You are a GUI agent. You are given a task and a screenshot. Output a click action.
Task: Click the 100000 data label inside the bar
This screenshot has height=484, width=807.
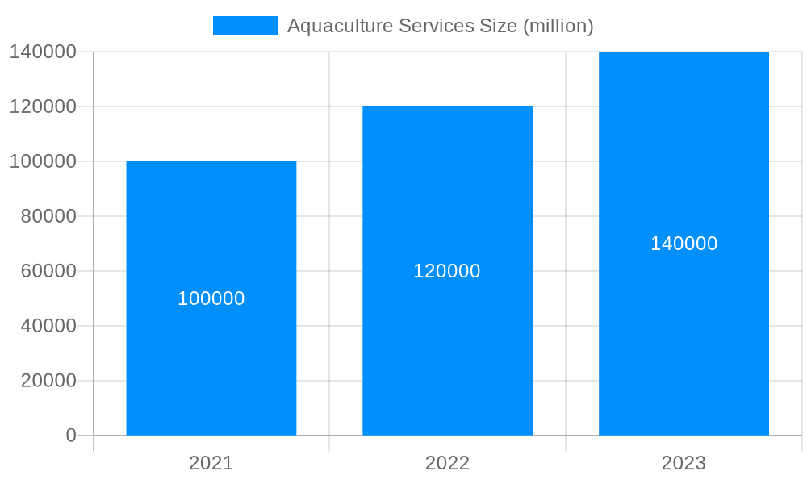coord(211,298)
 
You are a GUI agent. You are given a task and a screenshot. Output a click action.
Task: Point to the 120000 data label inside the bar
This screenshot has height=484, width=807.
coord(447,271)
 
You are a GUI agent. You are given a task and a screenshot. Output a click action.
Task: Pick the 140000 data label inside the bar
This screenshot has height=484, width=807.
coord(684,244)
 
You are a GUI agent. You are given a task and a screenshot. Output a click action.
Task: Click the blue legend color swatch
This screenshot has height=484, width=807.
coord(245,26)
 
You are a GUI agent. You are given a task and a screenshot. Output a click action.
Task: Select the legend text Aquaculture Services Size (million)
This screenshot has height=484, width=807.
coord(441,26)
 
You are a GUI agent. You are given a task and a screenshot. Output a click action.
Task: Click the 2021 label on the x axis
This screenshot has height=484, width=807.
coord(211,463)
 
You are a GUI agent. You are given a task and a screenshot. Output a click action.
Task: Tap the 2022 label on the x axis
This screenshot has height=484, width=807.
coord(447,463)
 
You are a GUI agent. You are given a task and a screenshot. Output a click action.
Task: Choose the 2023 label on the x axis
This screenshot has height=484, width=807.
coord(684,463)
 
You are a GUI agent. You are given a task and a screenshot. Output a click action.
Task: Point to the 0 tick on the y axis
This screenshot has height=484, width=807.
coord(71,436)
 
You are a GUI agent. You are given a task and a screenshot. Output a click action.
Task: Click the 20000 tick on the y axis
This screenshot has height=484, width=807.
coord(48,381)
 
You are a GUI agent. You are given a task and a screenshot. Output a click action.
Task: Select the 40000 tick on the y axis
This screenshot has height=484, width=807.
coord(48,326)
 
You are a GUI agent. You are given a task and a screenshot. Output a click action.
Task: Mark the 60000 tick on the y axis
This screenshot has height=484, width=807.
coord(48,271)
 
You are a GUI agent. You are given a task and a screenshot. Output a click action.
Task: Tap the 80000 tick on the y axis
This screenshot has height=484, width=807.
coord(48,216)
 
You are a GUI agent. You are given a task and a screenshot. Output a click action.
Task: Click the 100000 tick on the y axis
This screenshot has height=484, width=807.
coord(43,161)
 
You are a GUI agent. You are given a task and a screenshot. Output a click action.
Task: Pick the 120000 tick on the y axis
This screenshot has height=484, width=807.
coord(43,106)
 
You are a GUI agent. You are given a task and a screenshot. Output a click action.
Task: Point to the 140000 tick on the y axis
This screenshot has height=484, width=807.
coord(43,52)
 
